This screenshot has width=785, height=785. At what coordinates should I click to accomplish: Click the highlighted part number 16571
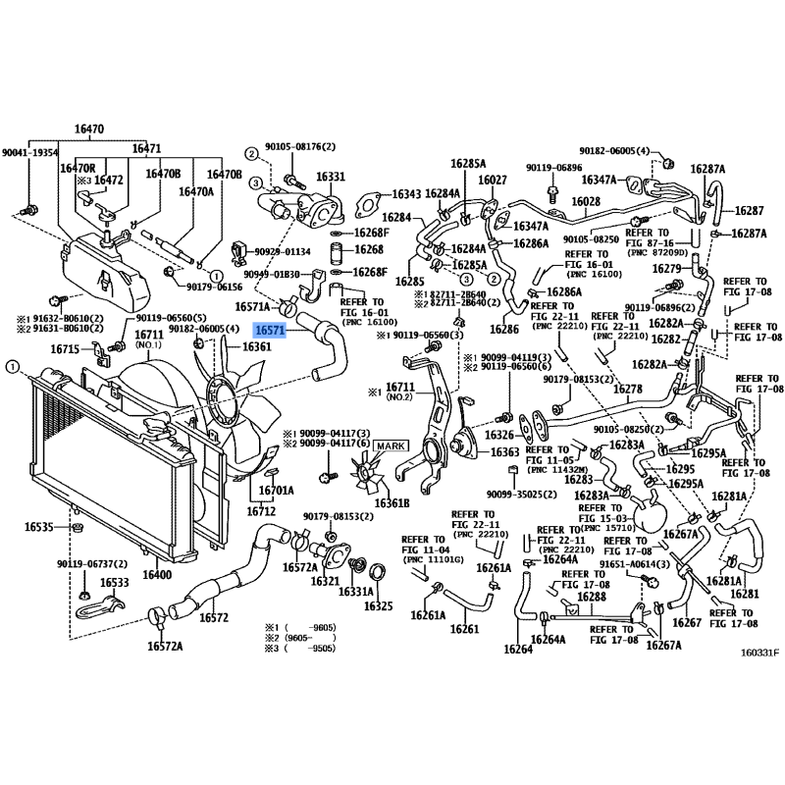[270, 332]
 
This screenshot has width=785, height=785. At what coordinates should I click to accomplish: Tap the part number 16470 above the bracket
[89, 129]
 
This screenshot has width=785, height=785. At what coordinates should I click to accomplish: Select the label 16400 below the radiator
[158, 574]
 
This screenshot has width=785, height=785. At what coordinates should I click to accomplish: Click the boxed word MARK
[389, 445]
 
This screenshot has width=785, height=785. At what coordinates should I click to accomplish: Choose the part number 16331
[331, 178]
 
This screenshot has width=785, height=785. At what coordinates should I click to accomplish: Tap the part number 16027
[493, 180]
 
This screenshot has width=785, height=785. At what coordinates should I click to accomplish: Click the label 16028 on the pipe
[586, 201]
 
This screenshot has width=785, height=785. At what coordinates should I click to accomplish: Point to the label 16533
[115, 583]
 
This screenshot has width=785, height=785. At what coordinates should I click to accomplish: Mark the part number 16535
[39, 528]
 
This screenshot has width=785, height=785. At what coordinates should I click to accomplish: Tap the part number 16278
[628, 389]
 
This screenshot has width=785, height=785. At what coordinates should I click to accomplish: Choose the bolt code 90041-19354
[29, 153]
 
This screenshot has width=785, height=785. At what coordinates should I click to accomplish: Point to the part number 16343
[406, 195]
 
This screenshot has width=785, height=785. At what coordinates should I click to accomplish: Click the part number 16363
[504, 452]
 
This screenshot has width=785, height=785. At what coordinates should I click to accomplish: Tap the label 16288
[591, 597]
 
